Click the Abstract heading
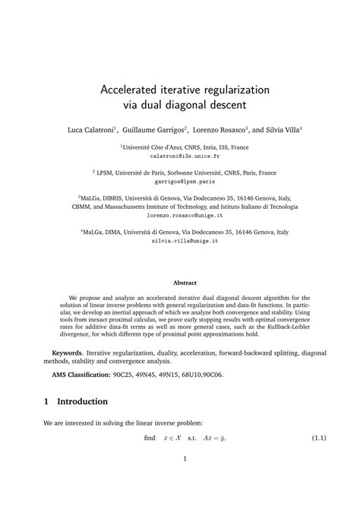tap(180, 283)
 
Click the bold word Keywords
tap(67, 353)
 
